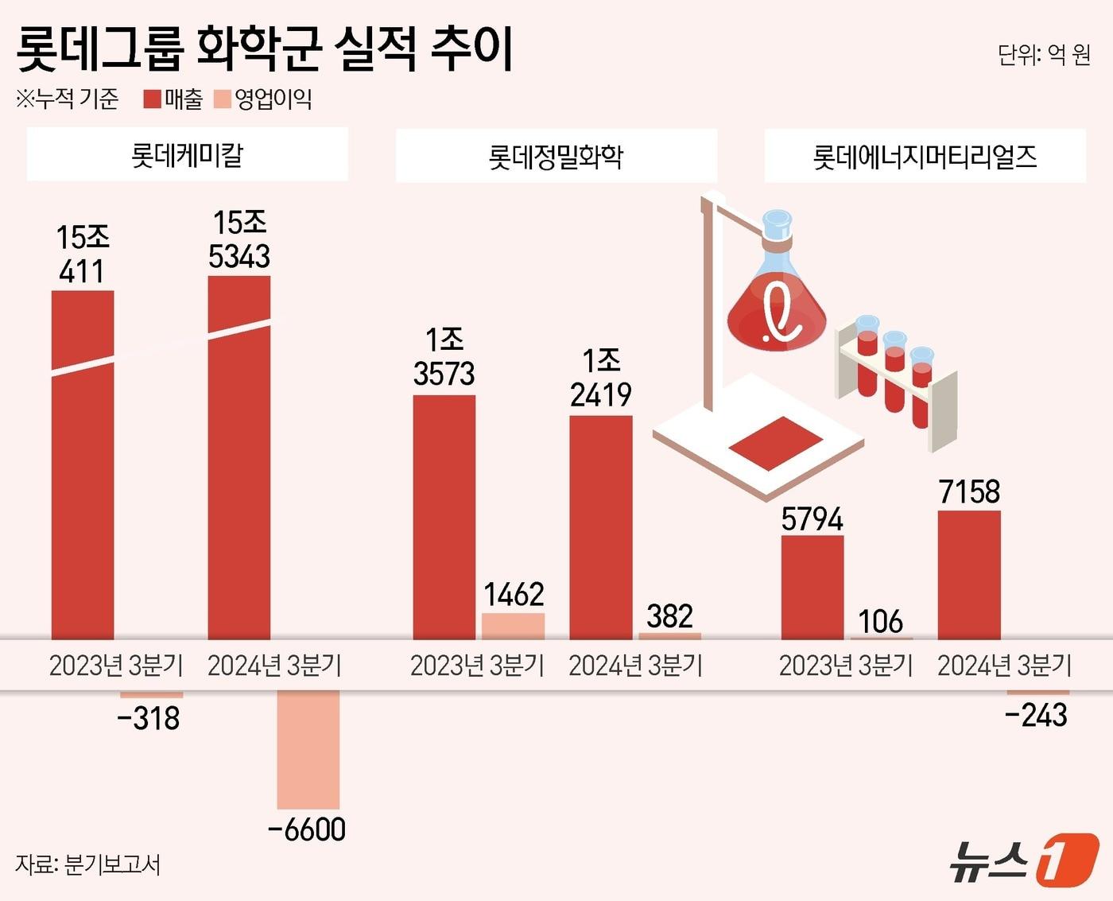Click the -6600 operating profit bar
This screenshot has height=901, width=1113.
tap(308, 748)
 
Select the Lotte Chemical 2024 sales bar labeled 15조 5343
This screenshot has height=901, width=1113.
tap(238, 457)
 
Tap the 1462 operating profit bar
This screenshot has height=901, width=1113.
tap(513, 626)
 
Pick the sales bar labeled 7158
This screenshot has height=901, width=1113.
tap(969, 574)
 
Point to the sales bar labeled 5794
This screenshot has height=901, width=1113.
tap(812, 587)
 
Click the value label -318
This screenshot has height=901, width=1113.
tap(149, 719)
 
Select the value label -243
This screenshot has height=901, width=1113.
tap(1036, 716)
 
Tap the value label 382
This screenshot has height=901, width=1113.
tap(669, 616)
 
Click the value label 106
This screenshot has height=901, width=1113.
tap(880, 621)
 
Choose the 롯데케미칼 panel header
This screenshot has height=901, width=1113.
tap(188, 155)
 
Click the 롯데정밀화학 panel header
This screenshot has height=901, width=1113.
tap(556, 156)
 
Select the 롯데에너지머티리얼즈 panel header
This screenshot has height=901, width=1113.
tap(925, 156)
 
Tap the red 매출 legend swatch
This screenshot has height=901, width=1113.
tap(153, 99)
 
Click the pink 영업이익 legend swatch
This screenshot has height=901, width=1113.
tap(223, 99)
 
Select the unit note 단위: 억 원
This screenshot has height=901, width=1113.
tap(1044, 54)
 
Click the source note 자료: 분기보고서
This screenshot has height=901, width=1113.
tap(87, 864)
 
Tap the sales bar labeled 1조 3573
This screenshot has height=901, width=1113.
tap(444, 517)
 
